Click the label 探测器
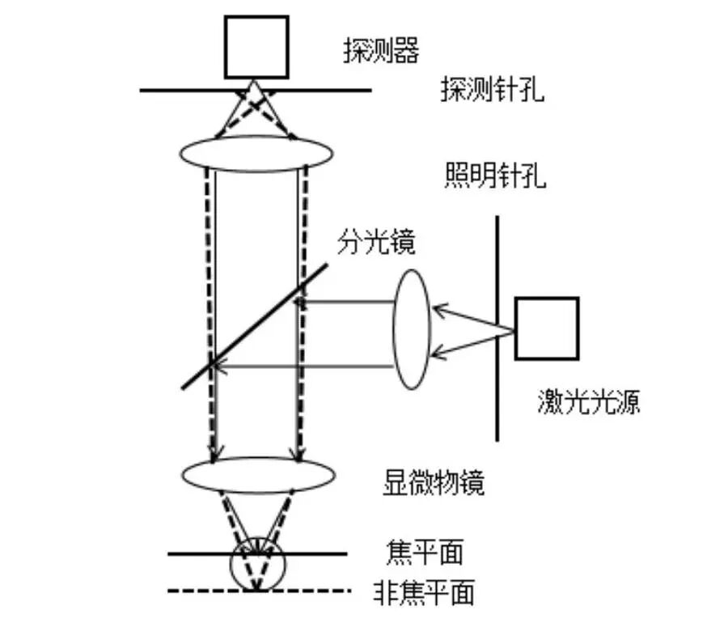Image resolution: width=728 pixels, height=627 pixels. (x=381, y=53)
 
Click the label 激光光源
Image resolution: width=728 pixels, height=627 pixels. (x=588, y=402)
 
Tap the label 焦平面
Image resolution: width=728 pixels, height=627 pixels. (x=425, y=553)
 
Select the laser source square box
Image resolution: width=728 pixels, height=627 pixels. (x=547, y=328)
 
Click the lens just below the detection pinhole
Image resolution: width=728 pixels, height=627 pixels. (x=256, y=153)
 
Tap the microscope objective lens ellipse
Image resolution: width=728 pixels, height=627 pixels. (x=256, y=475)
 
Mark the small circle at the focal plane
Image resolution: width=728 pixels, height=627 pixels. (x=257, y=562)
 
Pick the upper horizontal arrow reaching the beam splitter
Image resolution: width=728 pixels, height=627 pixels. (x=348, y=302)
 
